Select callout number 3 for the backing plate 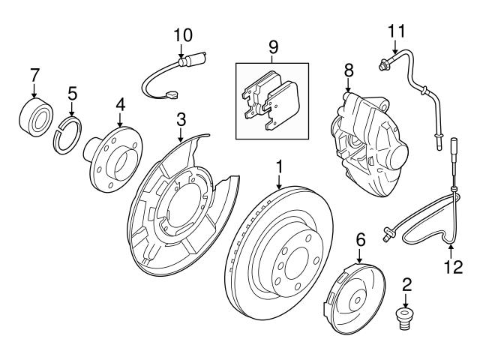pyautogui.click(x=181, y=118)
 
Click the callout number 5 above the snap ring pyautogui.click(x=72, y=93)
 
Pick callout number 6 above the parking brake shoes pyautogui.click(x=360, y=239)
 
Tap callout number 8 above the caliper pyautogui.click(x=347, y=70)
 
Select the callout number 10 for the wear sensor pyautogui.click(x=183, y=34)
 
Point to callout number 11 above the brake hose pyautogui.click(x=396, y=31)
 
